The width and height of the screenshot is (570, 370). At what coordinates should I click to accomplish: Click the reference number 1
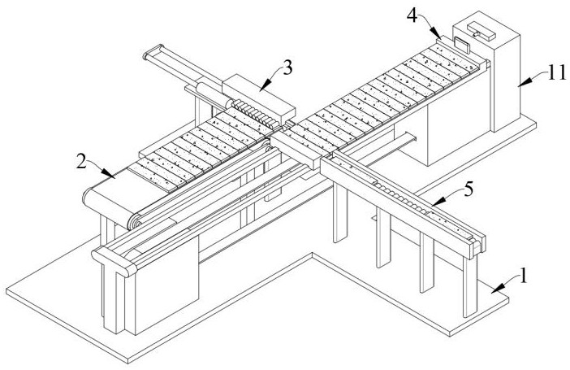524,275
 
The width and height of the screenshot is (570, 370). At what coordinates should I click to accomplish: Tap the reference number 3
288,67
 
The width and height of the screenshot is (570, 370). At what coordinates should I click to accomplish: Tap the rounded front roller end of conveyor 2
89,198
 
